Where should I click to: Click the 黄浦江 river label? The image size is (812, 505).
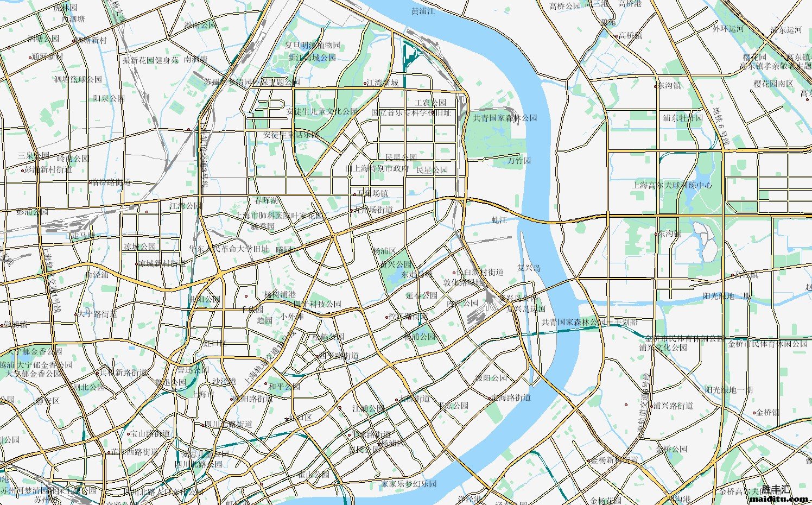pyautogui.click(x=423, y=11)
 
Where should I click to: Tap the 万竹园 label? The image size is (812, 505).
pyautogui.click(x=519, y=161)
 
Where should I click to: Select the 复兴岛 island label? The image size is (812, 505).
pyautogui.click(x=529, y=268)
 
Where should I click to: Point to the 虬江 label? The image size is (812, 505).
pyautogui.click(x=498, y=220)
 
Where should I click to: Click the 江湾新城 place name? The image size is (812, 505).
pyautogui.click(x=383, y=83)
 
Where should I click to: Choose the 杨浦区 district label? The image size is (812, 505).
pyautogui.click(x=384, y=251)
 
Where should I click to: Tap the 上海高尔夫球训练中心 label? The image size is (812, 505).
pyautogui.click(x=672, y=185)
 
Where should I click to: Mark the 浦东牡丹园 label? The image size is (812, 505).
pyautogui.click(x=682, y=117)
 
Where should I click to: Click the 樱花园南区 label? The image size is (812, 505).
pyautogui.click(x=773, y=84)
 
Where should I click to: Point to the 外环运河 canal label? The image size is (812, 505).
pyautogui.click(x=728, y=29)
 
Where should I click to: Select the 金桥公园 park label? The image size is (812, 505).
pyautogui.click(x=671, y=449)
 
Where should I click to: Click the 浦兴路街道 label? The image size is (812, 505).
pyautogui.click(x=673, y=406)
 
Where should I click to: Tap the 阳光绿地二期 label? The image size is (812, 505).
pyautogui.click(x=727, y=296)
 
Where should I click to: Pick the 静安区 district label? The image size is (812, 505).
pyautogui.click(x=47, y=401)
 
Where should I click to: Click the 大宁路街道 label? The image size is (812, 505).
pyautogui.click(x=97, y=314)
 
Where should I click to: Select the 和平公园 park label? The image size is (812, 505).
pyautogui.click(x=284, y=387)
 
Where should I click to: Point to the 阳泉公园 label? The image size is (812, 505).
pyautogui.click(x=109, y=98)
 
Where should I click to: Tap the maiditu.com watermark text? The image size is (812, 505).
pyautogui.click(x=779, y=498)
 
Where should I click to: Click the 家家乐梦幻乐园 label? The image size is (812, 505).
pyautogui.click(x=409, y=483)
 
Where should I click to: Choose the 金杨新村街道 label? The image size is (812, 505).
pyautogui.click(x=614, y=460)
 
